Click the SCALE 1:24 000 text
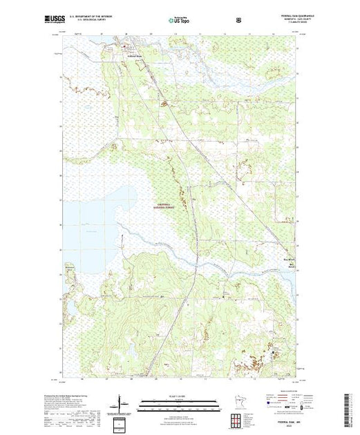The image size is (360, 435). click(x=170, y=396)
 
